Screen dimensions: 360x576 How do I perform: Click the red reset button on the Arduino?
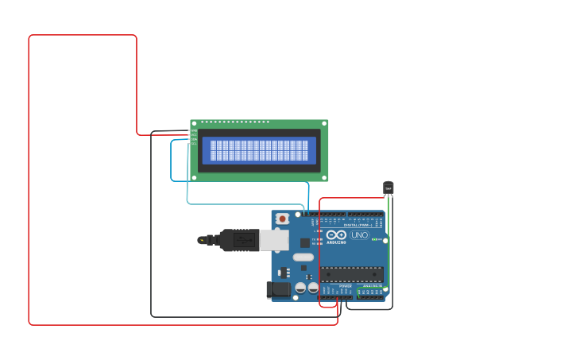coord(282,219)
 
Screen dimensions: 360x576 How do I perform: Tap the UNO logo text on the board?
coord(359,235)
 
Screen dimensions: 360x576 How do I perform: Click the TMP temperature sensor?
coord(388,188)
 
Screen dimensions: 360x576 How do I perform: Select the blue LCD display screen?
coord(259,150)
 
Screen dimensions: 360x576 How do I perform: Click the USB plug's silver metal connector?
coord(273,240)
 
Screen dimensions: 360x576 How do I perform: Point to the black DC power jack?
coord(278,289)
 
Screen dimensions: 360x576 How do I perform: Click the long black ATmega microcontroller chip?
coord(352,274)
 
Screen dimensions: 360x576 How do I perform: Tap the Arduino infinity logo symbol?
coord(336,234)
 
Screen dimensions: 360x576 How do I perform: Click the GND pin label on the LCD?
coord(193,131)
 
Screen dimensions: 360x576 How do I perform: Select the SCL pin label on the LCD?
coord(193,144)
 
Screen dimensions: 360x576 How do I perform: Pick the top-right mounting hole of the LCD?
coord(324,124)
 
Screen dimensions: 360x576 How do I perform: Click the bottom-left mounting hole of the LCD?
coord(194,177)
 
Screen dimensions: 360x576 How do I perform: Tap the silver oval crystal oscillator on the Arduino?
coord(303,257)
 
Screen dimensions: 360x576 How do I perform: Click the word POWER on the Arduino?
coord(345,286)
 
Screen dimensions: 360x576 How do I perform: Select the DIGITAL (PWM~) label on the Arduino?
coord(356,225)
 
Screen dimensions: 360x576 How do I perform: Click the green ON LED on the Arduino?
coord(374,238)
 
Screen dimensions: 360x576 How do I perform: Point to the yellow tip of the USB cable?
coord(201,240)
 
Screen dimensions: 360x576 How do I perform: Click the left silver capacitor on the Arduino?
coord(300,288)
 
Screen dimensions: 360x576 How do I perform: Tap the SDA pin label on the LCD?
coord(193,139)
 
